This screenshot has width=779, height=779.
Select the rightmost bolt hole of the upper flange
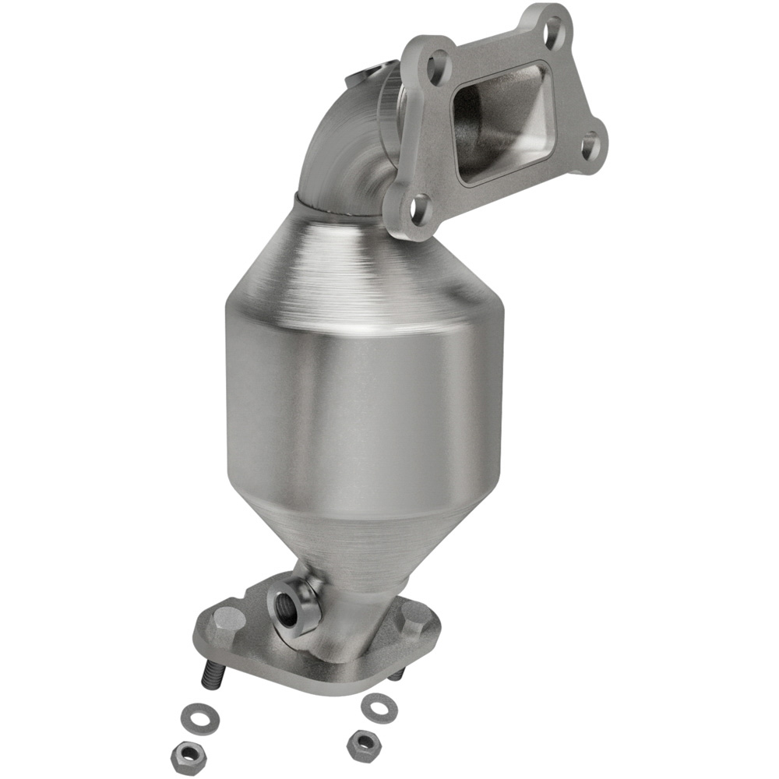click(x=591, y=145)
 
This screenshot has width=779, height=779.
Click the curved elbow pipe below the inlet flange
click(x=343, y=156)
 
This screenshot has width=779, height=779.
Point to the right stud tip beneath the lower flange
click(x=397, y=675)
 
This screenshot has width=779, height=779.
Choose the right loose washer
click(x=379, y=706)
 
